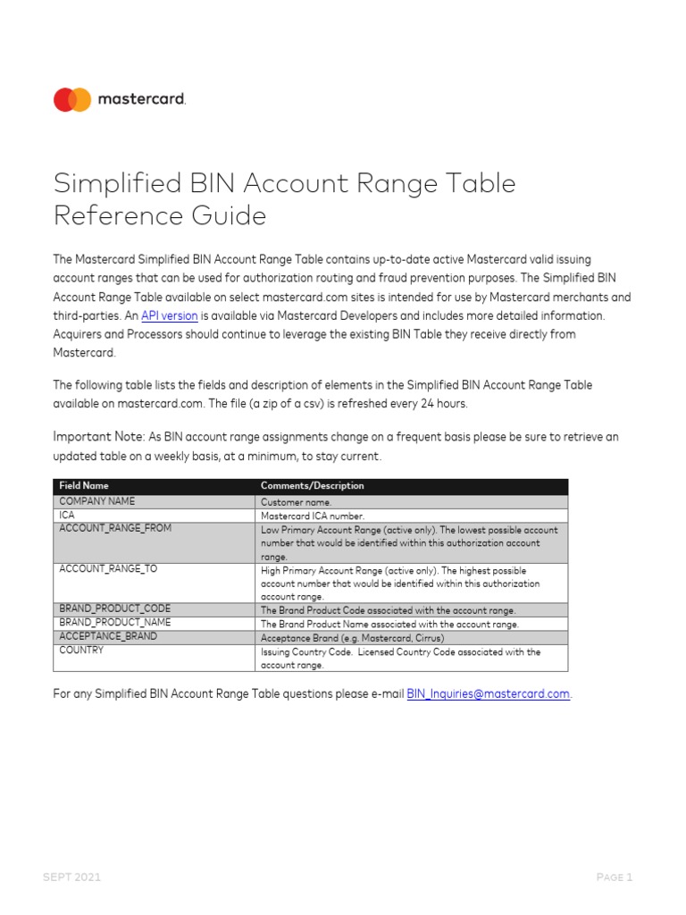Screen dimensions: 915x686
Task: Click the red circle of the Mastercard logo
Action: (64, 100)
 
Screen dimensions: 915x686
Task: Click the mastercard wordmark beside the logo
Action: (141, 100)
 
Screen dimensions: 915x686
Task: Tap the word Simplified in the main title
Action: (114, 183)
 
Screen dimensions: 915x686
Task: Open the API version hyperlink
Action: (169, 315)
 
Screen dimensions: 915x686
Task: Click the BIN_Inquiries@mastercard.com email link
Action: (488, 693)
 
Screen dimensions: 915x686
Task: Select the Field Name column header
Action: (84, 486)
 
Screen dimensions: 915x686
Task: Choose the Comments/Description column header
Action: (312, 486)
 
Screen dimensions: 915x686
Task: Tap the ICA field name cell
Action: (67, 516)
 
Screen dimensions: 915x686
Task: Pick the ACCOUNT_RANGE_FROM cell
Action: (115, 529)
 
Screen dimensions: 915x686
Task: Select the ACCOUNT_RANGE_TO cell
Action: (108, 569)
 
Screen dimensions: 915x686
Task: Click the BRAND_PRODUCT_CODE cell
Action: (114, 609)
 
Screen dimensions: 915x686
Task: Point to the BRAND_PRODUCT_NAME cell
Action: (114, 623)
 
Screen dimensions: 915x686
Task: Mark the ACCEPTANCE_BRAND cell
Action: (108, 636)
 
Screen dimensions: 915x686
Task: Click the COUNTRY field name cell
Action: (81, 651)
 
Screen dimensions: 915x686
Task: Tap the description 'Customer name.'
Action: (296, 502)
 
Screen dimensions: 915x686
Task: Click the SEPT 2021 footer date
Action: (72, 877)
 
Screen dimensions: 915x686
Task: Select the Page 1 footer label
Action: (615, 877)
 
